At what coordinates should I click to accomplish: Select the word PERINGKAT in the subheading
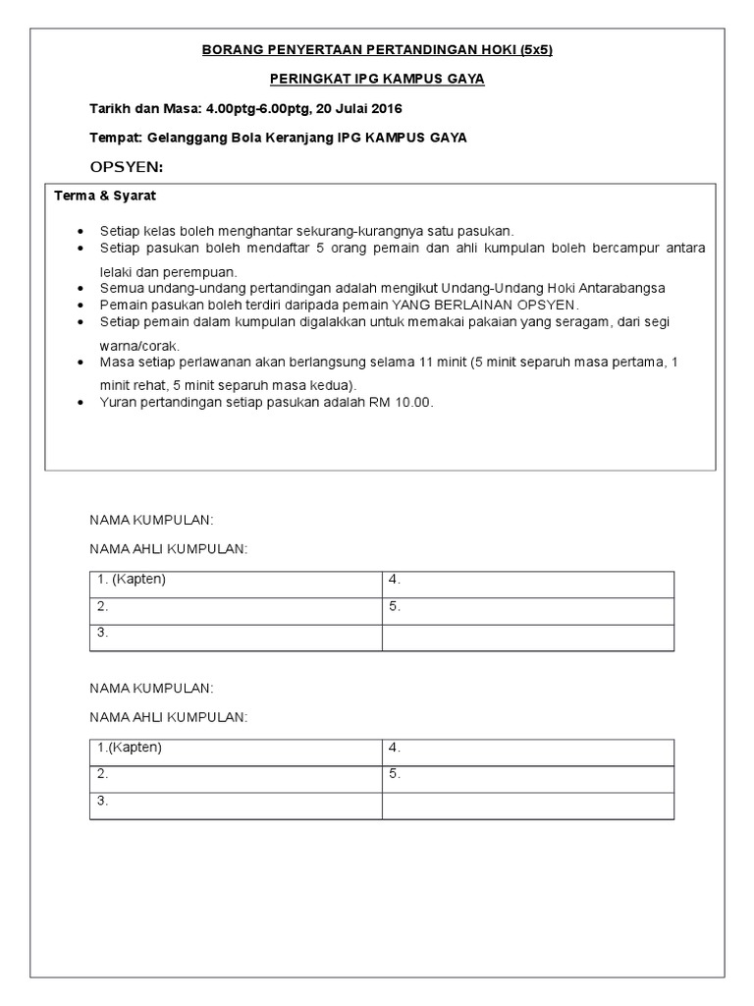[305, 79]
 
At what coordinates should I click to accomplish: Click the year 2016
[384, 108]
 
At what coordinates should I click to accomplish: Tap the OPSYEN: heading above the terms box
[127, 167]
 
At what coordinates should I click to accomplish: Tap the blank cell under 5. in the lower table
[527, 806]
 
